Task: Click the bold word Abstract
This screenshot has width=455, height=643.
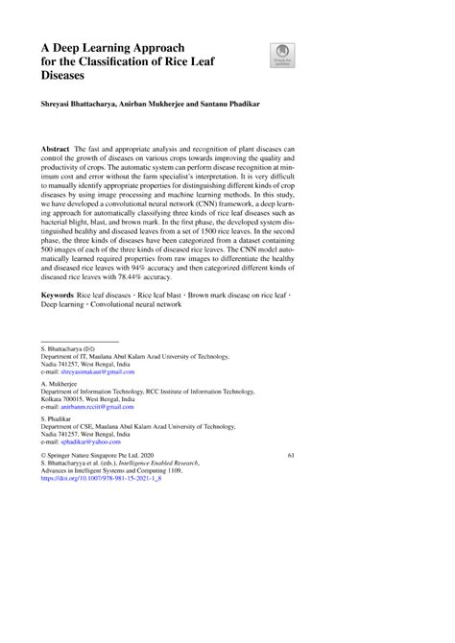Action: tap(57, 152)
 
